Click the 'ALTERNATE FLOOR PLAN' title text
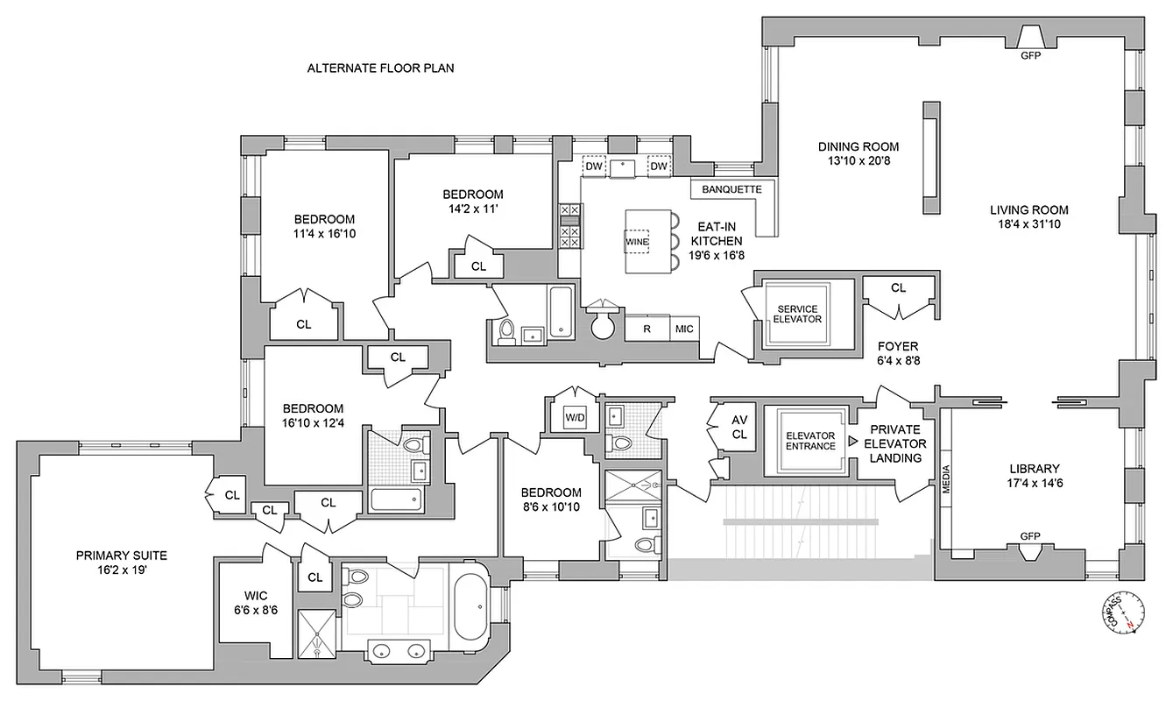pyautogui.click(x=380, y=68)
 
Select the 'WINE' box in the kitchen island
pyautogui.click(x=636, y=240)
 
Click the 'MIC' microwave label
pyautogui.click(x=684, y=329)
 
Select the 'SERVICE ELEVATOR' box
pyautogui.click(x=796, y=314)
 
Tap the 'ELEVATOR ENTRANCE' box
pyautogui.click(x=804, y=442)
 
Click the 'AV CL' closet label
pyautogui.click(x=739, y=427)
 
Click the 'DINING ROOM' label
pyautogui.click(x=858, y=153)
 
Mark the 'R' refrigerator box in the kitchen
pyautogui.click(x=647, y=329)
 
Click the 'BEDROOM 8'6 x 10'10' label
pyautogui.click(x=550, y=499)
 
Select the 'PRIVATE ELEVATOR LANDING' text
pyautogui.click(x=895, y=443)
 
